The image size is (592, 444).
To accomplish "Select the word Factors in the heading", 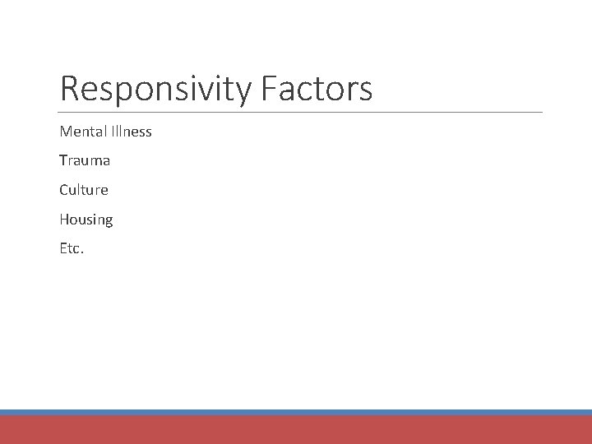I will (x=317, y=89).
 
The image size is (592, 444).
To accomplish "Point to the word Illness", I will (x=132, y=132).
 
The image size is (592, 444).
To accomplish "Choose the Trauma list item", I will (x=85, y=161).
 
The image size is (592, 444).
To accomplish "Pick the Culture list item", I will (x=84, y=190).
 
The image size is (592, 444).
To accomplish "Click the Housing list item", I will (x=86, y=220).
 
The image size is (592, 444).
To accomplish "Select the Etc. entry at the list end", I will (x=72, y=248).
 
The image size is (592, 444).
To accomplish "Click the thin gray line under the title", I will (x=301, y=112).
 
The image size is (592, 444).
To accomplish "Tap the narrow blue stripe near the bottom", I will (x=296, y=412).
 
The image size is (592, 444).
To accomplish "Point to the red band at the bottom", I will (x=296, y=430).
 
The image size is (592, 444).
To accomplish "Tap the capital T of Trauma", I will (x=63, y=161).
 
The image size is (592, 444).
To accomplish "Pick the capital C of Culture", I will (x=64, y=190).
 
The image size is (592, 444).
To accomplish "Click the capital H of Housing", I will (x=64, y=220).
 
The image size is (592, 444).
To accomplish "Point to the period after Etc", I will (x=82, y=252).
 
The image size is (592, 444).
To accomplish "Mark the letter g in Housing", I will (x=109, y=221).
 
